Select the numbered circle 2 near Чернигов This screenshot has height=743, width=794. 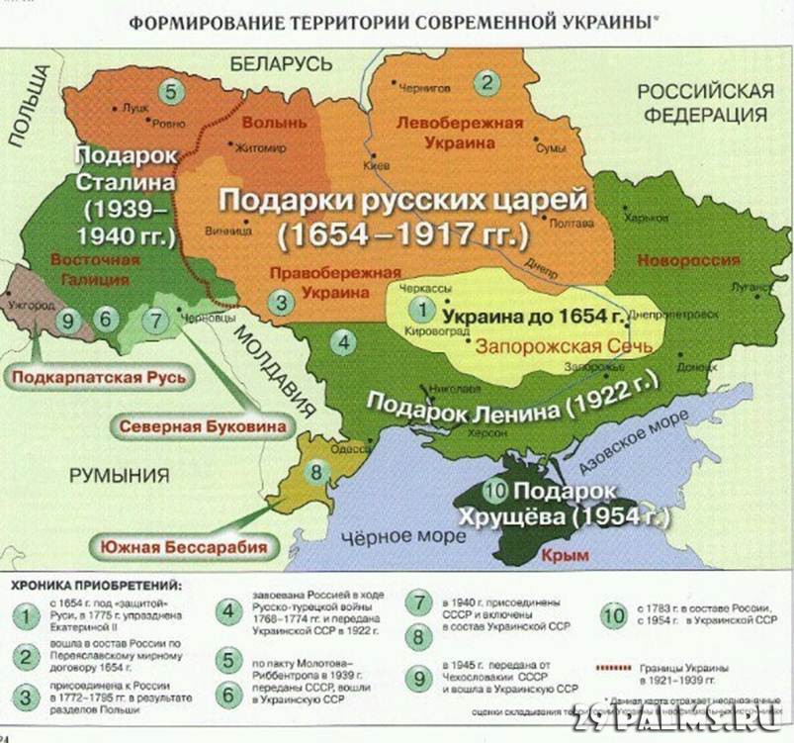click(x=485, y=82)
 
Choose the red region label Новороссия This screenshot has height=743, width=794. click(x=688, y=260)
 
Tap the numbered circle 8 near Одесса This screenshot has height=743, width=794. click(x=316, y=472)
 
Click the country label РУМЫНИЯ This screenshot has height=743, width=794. click(x=119, y=476)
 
